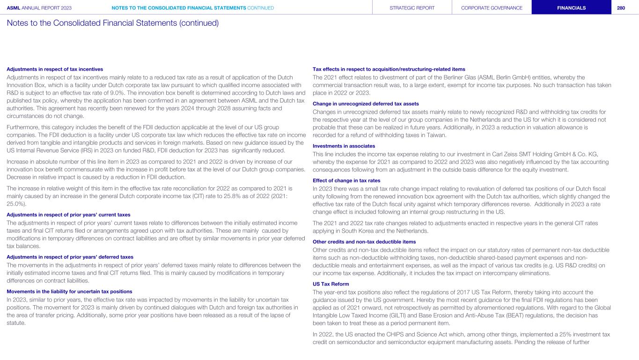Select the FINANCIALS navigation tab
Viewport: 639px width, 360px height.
pyautogui.click(x=571, y=8)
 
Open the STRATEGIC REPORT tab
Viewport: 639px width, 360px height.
pyautogui.click(x=412, y=8)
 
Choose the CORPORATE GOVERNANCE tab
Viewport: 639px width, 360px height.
pyautogui.click(x=492, y=8)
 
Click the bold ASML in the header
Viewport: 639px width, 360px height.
pyautogui.click(x=14, y=8)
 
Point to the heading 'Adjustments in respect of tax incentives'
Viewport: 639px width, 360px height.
pyautogui.click(x=55, y=69)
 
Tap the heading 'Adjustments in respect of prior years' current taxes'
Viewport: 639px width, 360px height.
pyautogui.click(x=68, y=214)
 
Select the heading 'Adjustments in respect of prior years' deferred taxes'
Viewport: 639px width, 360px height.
pyautogui.click(x=70, y=257)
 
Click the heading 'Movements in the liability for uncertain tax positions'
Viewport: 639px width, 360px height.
pyautogui.click(x=70, y=292)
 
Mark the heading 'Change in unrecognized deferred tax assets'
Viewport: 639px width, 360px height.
pyautogui.click(x=365, y=103)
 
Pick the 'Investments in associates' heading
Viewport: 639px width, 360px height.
pyautogui.click(x=344, y=146)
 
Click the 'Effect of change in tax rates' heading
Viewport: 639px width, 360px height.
pyautogui.click(x=346, y=181)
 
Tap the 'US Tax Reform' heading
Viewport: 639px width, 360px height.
pyautogui.click(x=331, y=284)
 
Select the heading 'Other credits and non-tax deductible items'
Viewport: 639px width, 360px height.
pyautogui.click(x=364, y=242)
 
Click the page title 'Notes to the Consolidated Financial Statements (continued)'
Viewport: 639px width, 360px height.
pyautogui.click(x=113, y=22)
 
